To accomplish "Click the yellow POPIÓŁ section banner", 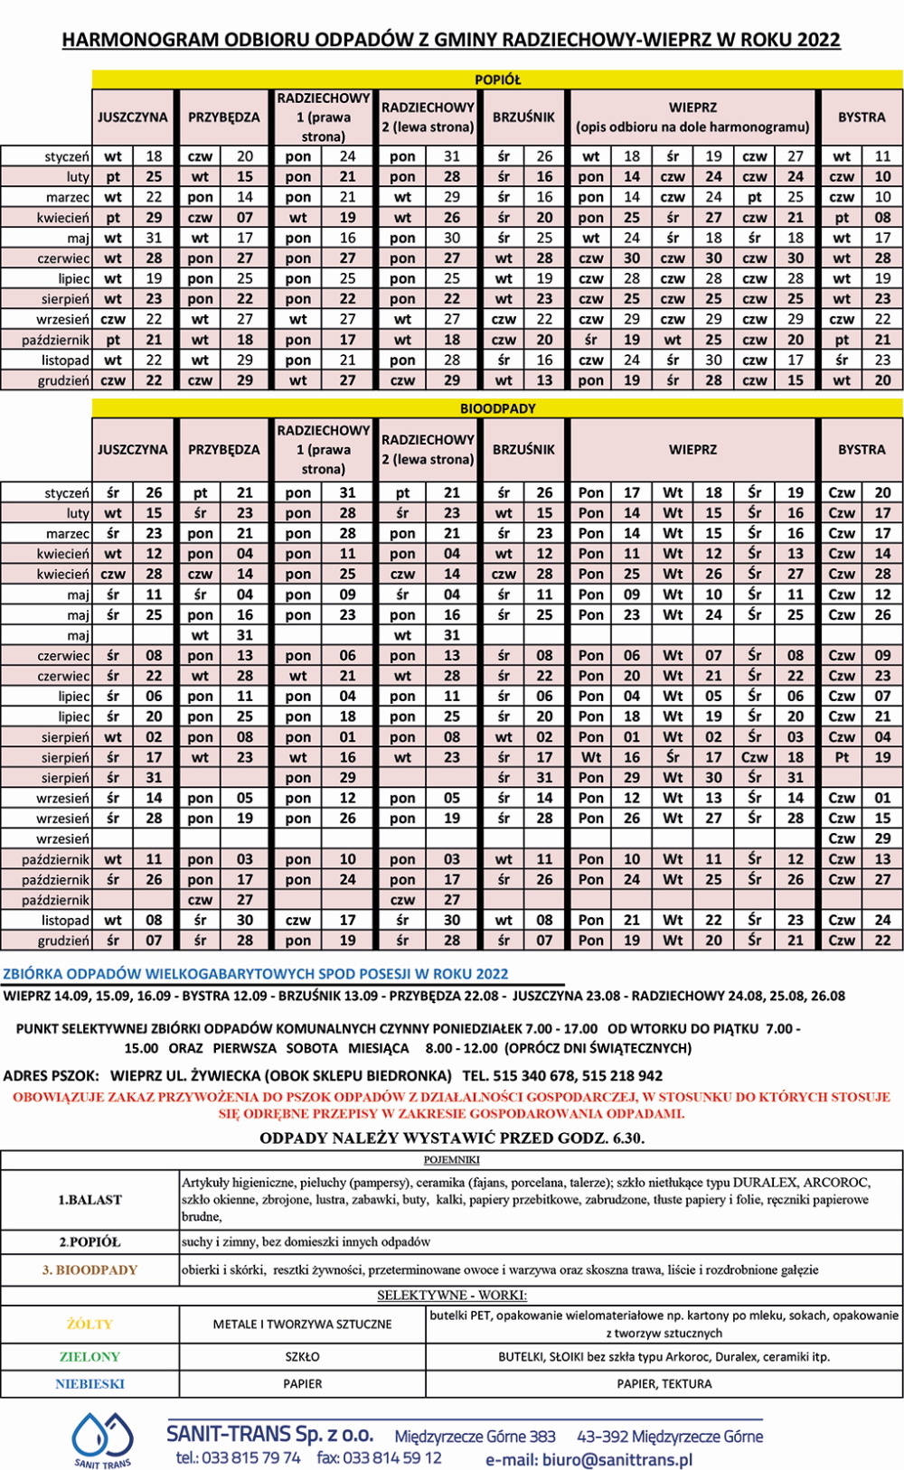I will coord(497,80).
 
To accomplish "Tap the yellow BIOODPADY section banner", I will coord(497,408).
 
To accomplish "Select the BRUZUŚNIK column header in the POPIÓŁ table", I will coord(523,117).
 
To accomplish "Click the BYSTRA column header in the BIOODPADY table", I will coord(861,449).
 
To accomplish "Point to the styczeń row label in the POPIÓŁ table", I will coord(67,156).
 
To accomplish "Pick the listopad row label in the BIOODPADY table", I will coord(65,921).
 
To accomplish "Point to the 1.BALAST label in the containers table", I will coord(89,1200).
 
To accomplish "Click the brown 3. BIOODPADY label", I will coord(89,1269).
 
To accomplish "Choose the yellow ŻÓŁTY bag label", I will coord(89,1324).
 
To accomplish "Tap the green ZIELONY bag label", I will coord(89,1356).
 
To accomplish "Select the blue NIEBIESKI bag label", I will coord(89,1383).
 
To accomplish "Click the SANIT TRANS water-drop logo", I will coord(103,1439).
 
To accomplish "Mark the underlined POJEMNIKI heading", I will coord(452,1159).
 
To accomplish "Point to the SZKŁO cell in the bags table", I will coord(302,1356).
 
